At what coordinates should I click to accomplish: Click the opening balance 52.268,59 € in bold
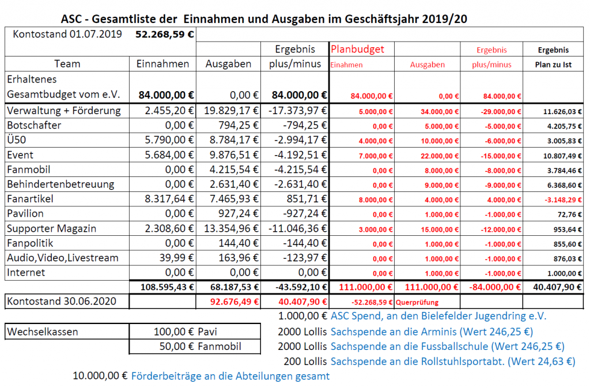point(164,35)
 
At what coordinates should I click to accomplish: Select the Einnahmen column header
point(162,64)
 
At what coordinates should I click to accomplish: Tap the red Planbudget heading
point(357,50)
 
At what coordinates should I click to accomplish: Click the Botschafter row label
point(34,125)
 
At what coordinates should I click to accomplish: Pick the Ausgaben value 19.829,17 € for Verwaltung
point(231,111)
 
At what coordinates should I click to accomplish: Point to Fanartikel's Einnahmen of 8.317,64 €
point(169,199)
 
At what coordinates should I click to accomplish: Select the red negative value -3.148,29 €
point(563,200)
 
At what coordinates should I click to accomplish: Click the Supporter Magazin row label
point(51,228)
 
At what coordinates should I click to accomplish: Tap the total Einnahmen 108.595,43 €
point(167,287)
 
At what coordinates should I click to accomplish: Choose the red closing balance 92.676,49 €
point(235,302)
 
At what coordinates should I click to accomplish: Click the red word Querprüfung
point(417,302)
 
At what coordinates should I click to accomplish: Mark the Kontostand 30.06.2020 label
point(61,301)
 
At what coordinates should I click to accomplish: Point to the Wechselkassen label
point(43,332)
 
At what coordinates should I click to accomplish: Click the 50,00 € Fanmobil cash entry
point(200,346)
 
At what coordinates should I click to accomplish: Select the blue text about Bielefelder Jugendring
point(438,316)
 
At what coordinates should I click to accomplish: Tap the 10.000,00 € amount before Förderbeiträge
point(100,375)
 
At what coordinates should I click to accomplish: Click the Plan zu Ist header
point(553,65)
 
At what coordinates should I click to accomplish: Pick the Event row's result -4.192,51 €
point(300,155)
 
